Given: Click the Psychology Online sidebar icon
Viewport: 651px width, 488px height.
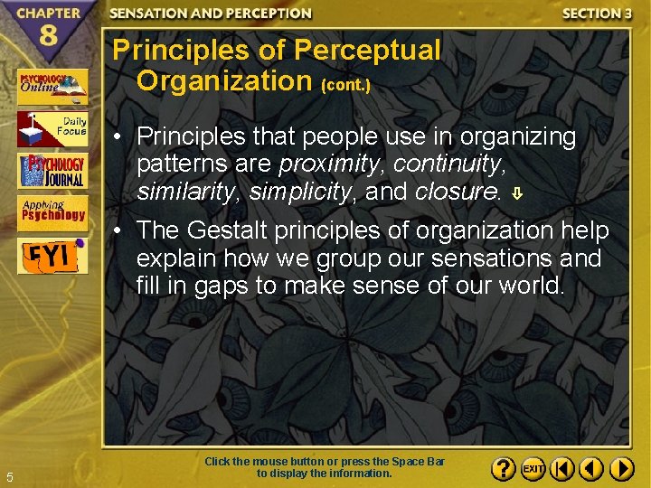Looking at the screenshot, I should [x=52, y=87].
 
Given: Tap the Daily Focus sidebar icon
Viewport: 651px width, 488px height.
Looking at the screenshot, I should [x=52, y=128].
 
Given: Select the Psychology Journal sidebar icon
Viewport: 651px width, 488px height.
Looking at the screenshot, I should [x=52, y=170].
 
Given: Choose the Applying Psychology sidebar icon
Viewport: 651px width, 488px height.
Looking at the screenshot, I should [x=52, y=211].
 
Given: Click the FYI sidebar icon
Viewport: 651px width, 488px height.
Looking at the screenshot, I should [x=52, y=255].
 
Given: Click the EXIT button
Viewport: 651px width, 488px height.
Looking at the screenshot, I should [x=533, y=469].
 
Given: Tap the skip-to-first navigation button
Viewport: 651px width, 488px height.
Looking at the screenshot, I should [x=561, y=469].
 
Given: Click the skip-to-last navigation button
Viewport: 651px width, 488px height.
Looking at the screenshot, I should [x=621, y=469].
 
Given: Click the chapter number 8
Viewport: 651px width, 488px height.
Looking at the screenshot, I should [x=51, y=40].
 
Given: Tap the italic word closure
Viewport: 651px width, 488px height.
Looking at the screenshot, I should [x=458, y=192].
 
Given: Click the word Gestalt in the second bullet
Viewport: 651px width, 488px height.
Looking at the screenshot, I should [x=238, y=231].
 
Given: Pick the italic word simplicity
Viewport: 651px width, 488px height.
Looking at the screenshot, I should [x=299, y=192].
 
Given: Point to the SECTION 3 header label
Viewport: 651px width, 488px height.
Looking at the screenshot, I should [x=597, y=14].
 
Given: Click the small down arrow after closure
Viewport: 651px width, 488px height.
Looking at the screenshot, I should [x=515, y=193].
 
